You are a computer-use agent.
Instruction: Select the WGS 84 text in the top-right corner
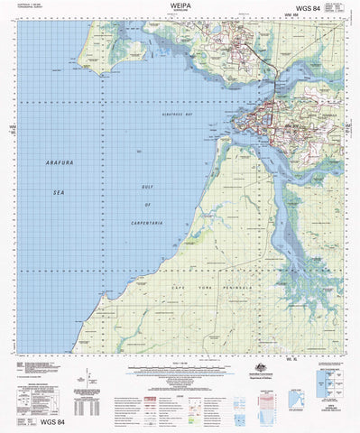(x=331, y=9)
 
